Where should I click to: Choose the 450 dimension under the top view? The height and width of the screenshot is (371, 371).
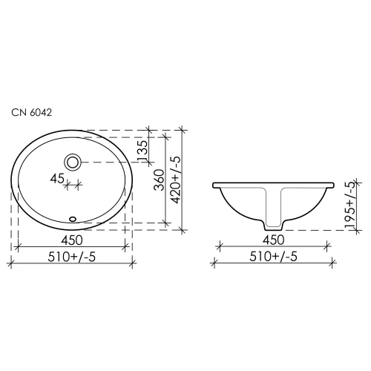point(73,239)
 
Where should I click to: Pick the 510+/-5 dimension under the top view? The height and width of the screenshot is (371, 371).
point(73,256)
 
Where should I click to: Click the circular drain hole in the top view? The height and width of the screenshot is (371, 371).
point(73,161)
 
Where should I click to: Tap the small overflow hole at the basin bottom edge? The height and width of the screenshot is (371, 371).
point(73,218)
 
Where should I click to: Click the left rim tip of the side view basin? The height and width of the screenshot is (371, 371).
point(214,184)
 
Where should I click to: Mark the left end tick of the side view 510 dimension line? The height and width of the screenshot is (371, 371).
point(214,262)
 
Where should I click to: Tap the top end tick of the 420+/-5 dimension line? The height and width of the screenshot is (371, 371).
point(183,131)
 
